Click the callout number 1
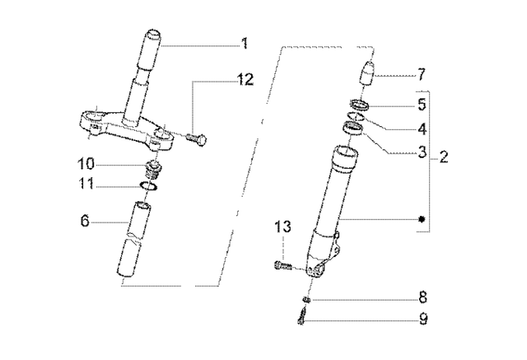[x=244, y=43]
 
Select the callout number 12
[x=246, y=79]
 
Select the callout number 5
[x=422, y=105]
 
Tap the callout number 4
[x=422, y=129]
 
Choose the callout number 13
[x=282, y=227]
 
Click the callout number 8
[x=422, y=297]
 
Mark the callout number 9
[x=422, y=320]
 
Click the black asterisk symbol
[x=422, y=220]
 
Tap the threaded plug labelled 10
[x=152, y=171]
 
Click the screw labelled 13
[x=280, y=264]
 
